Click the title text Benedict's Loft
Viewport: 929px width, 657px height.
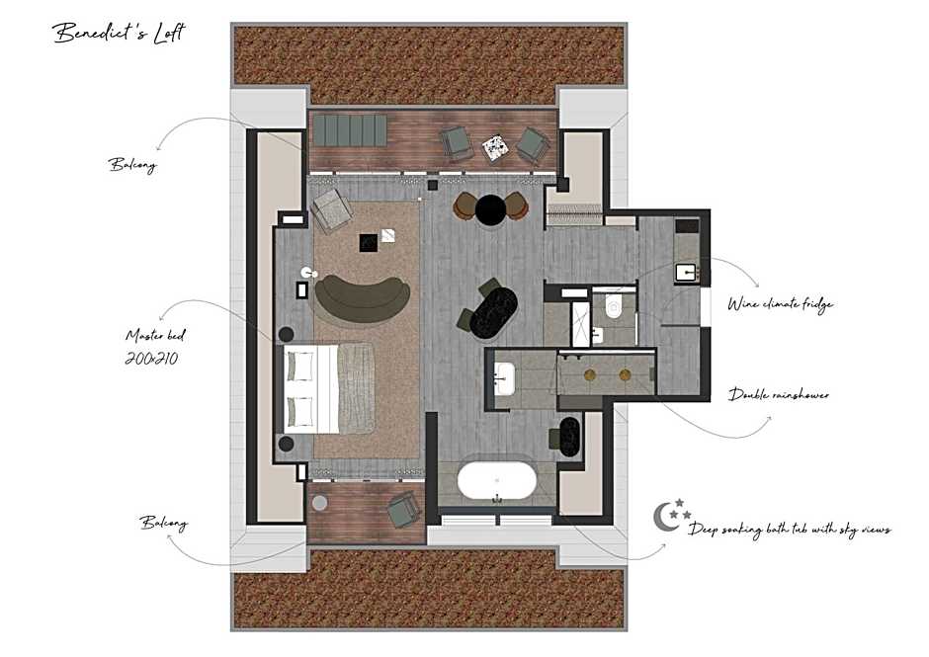(119, 33)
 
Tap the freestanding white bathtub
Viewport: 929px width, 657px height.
(497, 481)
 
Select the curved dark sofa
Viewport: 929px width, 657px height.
(362, 295)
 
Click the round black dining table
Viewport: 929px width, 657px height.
(490, 209)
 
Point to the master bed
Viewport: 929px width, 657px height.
(328, 388)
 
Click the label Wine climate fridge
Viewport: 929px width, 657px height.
(781, 304)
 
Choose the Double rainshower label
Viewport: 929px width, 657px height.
(779, 394)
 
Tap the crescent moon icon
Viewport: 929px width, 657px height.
(665, 517)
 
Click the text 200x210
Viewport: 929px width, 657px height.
(151, 359)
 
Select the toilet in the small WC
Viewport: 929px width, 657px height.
(614, 306)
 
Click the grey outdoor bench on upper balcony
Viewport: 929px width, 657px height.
(350, 130)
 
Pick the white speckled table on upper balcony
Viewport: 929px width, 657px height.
(495, 148)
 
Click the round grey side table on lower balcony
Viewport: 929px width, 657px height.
(319, 503)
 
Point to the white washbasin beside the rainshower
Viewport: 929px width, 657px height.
(505, 378)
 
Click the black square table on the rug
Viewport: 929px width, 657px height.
(368, 243)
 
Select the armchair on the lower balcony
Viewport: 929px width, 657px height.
(403, 508)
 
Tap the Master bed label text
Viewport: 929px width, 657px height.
(155, 336)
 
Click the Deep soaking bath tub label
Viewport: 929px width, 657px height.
(790, 530)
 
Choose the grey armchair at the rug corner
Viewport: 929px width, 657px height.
(331, 209)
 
